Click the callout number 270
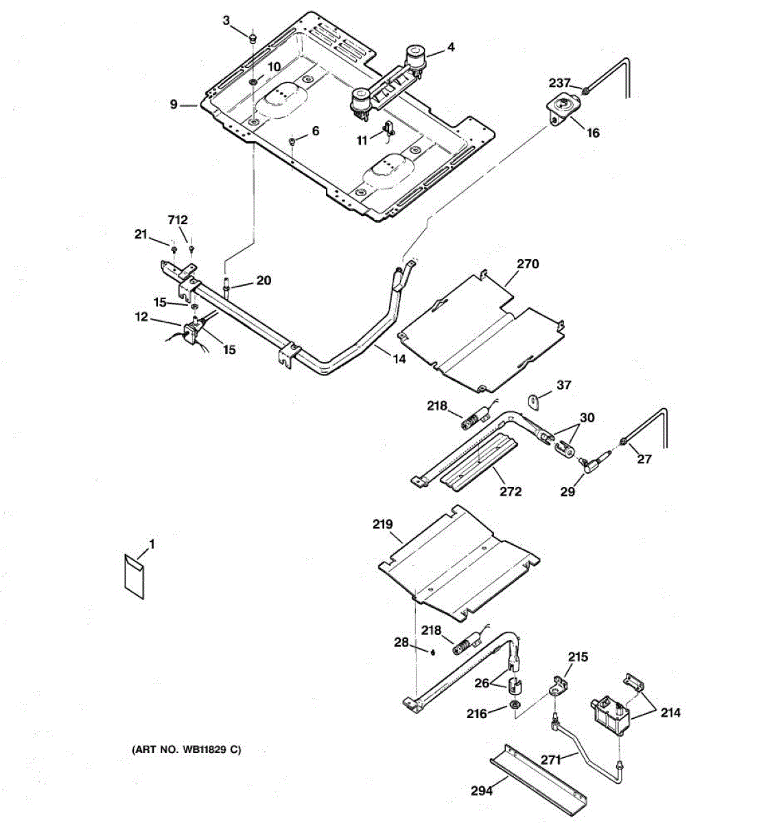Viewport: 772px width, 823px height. pos(528,264)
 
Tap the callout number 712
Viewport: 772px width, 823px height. pos(178,220)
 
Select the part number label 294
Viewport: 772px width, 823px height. pos(482,791)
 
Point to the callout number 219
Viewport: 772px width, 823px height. pos(382,525)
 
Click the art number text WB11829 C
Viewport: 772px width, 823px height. pos(186,750)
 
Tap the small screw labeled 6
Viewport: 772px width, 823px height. pos(292,141)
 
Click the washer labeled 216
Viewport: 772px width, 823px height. pos(514,706)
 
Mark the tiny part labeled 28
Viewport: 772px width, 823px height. pos(433,652)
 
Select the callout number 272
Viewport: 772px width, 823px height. pos(511,491)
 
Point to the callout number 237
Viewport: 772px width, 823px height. pos(559,83)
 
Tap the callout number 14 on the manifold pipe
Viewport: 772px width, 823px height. pos(399,358)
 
